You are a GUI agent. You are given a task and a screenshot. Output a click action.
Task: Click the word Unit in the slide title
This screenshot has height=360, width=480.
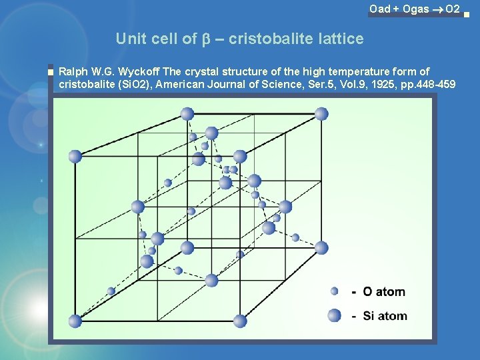click(x=130, y=39)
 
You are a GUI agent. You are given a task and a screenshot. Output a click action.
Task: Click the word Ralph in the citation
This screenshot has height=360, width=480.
click(x=73, y=71)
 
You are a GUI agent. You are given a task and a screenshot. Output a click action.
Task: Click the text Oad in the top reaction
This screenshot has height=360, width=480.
click(x=380, y=9)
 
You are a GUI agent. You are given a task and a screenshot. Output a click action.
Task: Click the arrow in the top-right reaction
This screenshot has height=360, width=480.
click(x=437, y=9)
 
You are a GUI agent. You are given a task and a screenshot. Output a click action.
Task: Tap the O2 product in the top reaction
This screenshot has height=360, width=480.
click(x=452, y=9)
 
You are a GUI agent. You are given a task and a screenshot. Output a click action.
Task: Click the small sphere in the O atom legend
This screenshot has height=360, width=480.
click(x=335, y=291)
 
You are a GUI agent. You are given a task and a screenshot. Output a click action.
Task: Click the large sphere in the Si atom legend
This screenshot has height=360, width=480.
click(x=335, y=315)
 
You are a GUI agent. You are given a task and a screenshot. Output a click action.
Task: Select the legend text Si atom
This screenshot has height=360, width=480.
click(x=385, y=315)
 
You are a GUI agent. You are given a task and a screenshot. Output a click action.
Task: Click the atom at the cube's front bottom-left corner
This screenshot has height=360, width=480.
click(x=75, y=321)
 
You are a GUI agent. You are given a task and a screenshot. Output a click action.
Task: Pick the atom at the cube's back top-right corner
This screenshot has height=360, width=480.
click(x=321, y=113)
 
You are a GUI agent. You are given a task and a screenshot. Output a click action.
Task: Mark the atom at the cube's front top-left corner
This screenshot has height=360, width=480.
click(x=75, y=156)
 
